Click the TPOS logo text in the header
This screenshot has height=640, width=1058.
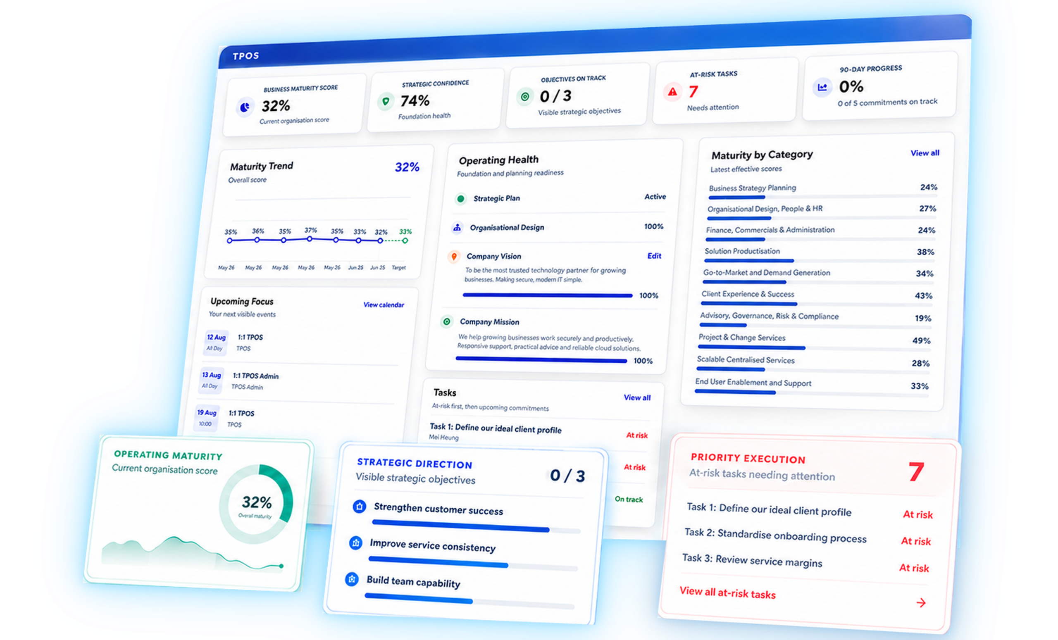(245, 56)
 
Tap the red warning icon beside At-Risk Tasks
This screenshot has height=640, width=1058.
(672, 92)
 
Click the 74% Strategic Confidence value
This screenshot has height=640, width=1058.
(415, 101)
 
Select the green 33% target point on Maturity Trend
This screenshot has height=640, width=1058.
(405, 241)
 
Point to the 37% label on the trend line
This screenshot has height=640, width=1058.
(310, 230)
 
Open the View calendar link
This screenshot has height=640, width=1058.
(384, 305)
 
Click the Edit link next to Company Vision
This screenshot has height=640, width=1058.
(654, 256)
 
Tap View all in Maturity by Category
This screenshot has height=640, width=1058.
(925, 153)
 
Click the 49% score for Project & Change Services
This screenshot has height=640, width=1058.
(921, 340)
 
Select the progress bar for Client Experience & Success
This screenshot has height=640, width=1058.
(749, 304)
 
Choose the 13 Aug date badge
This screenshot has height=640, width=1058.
(211, 380)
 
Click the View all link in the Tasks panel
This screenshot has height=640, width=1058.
(637, 397)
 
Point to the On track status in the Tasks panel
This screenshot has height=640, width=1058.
(629, 499)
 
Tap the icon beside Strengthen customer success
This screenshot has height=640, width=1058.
(360, 507)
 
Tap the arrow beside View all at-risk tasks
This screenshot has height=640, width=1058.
(921, 603)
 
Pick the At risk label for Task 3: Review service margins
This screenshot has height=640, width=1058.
(914, 568)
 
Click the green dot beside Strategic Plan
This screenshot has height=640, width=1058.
(461, 199)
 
